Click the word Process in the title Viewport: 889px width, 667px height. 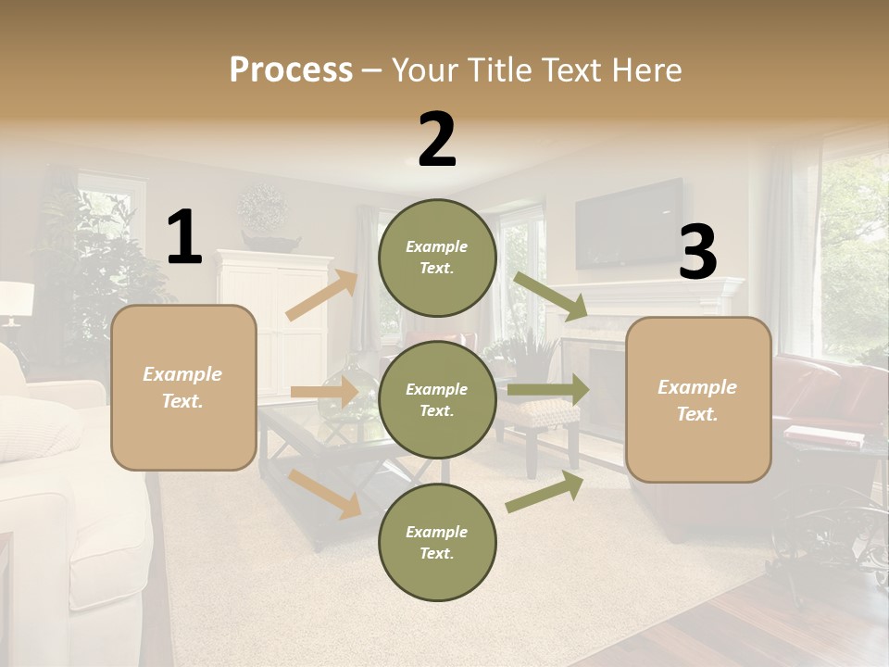(x=291, y=69)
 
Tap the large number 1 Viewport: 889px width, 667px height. (x=184, y=238)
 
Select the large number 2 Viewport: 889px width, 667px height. (x=437, y=140)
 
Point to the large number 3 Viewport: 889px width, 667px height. (x=698, y=253)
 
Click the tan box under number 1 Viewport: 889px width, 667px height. (x=183, y=387)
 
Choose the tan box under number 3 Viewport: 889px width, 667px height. (x=698, y=399)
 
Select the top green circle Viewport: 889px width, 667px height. (x=437, y=258)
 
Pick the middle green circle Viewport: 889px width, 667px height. (x=437, y=399)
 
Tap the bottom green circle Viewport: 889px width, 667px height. (x=437, y=542)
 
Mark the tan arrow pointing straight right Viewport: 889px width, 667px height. (x=324, y=393)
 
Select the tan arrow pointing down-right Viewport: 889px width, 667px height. (x=325, y=494)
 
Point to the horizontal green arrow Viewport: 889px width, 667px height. (x=548, y=389)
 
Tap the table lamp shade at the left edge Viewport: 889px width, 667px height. (x=16, y=299)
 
